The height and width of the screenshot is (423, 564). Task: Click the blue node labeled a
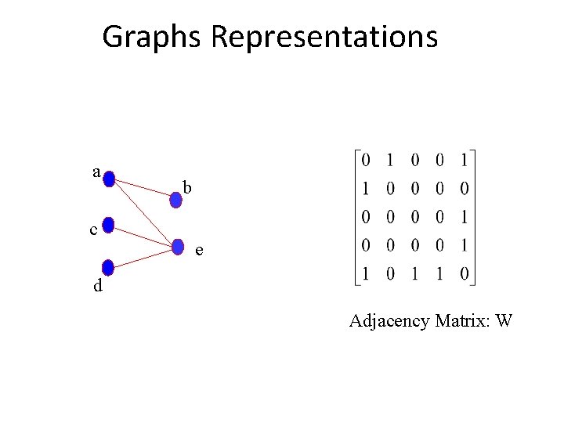tap(109, 179)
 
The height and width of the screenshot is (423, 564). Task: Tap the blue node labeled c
tap(109, 227)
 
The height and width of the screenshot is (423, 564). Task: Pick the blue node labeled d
tap(109, 267)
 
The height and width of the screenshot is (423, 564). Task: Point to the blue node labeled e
tap(178, 246)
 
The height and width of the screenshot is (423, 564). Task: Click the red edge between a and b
tap(143, 190)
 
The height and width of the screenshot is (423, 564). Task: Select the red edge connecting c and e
tap(143, 237)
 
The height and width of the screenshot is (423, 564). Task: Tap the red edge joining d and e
tap(143, 257)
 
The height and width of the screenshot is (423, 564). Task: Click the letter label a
tap(96, 171)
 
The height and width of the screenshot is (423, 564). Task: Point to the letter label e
tap(201, 251)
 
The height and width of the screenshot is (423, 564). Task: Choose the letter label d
tap(97, 286)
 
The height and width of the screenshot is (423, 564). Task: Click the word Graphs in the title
tap(153, 37)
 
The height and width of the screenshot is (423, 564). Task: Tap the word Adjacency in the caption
tap(385, 320)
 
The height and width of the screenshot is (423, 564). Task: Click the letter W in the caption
tap(504, 320)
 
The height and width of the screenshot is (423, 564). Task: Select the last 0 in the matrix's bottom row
tap(465, 275)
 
